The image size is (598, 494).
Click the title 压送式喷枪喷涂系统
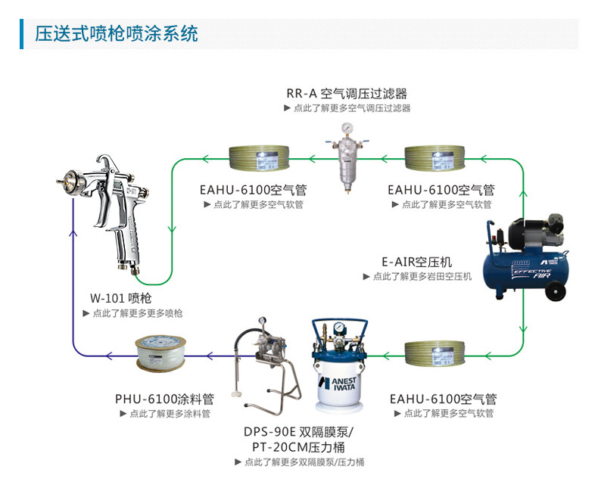pos(117,34)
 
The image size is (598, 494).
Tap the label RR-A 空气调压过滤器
pos(346,94)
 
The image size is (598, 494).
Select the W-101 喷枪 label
pos(120,298)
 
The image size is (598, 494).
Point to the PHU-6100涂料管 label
pos(164,399)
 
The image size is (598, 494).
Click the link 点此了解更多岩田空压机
pos(422,277)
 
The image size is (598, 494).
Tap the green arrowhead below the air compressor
pos(522,328)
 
